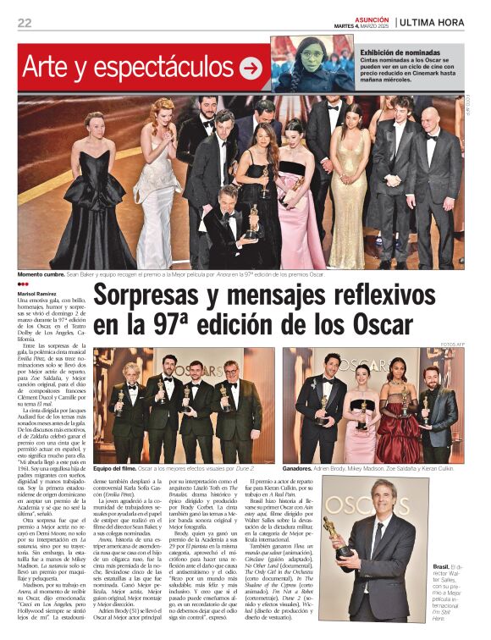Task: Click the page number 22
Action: click(x=24, y=23)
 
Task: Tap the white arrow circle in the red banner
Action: click(x=251, y=68)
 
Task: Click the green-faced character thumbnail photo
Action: click(x=301, y=63)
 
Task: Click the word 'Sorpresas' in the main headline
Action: click(x=161, y=297)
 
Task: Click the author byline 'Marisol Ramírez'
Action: click(x=36, y=292)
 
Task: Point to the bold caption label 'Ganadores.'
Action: click(x=301, y=467)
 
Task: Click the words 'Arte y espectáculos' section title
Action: click(x=127, y=68)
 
